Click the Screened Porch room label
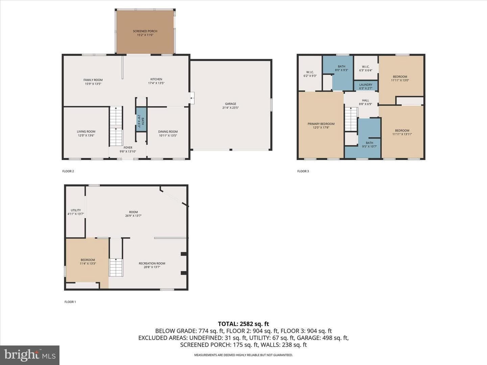[x=145, y=31]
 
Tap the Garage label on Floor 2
[x=231, y=104]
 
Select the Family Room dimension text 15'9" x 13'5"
[x=93, y=84]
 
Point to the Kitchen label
[x=156, y=79]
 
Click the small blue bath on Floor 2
[x=141, y=119]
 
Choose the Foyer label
[x=128, y=148]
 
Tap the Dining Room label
[x=168, y=132]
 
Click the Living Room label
[x=86, y=131]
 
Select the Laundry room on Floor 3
[x=366, y=86]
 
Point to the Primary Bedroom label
[x=321, y=124]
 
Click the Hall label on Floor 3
[x=365, y=100]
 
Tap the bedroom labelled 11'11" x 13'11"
[x=402, y=132]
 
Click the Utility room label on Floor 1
[x=76, y=210]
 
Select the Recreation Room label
[x=152, y=263]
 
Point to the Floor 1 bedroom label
[x=88, y=260]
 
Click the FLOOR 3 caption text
[x=303, y=171]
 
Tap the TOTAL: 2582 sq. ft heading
[x=243, y=324]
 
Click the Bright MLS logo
[x=30, y=355]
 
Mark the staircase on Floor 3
[x=351, y=119]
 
